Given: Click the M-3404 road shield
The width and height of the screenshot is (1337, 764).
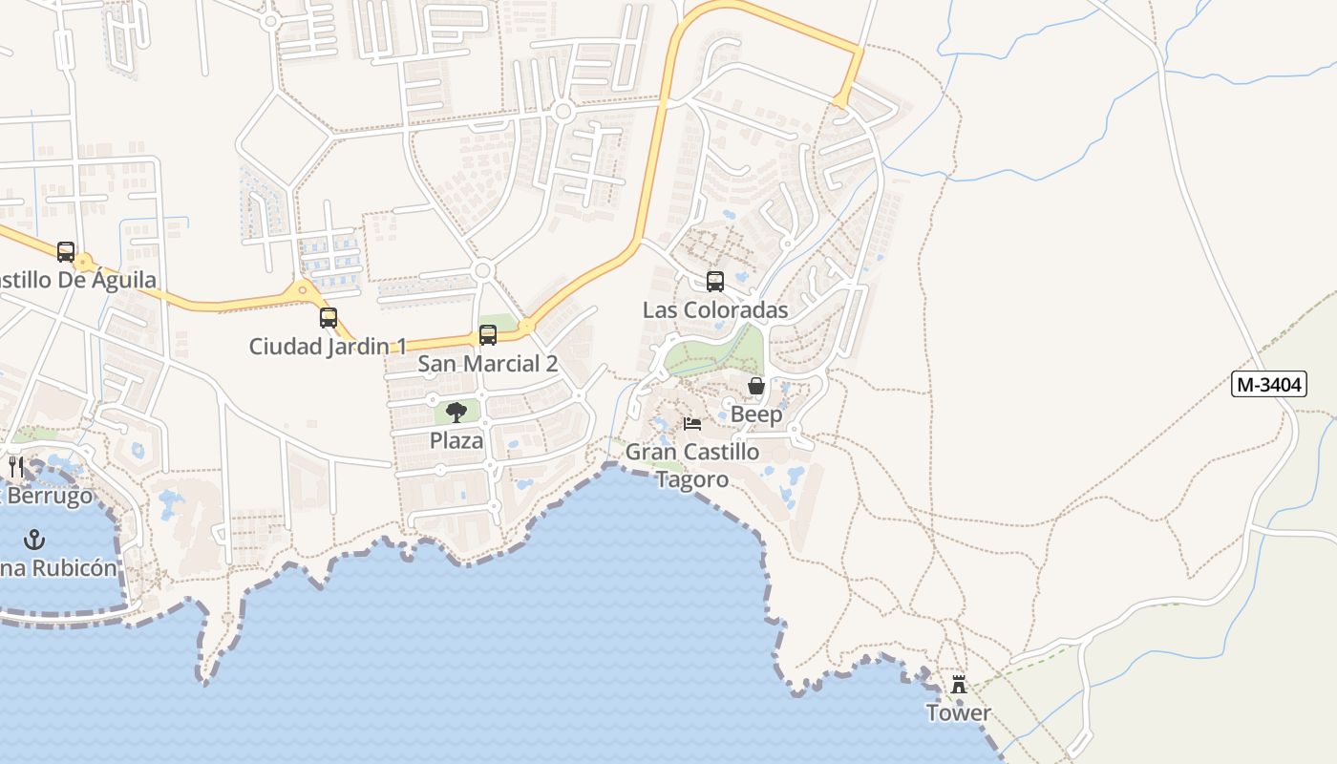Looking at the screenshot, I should [x=1268, y=385].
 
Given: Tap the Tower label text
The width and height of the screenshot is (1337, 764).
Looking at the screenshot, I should [x=958, y=712].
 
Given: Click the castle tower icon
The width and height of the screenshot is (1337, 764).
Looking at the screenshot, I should [x=959, y=685].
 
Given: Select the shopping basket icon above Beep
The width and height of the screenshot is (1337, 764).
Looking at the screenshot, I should [x=756, y=386].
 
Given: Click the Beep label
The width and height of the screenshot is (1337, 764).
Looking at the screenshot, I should [x=756, y=414].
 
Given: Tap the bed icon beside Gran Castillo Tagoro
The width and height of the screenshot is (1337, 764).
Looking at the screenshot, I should [x=692, y=423].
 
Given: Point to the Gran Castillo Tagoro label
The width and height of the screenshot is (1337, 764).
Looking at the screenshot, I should [x=692, y=465].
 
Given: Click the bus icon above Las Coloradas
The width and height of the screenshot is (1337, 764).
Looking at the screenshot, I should [x=715, y=282].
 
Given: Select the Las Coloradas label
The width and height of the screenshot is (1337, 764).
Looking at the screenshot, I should [x=715, y=310].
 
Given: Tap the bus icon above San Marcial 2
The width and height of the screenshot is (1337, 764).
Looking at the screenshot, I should [x=488, y=335].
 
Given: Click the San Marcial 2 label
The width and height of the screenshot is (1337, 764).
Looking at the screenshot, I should [x=488, y=364].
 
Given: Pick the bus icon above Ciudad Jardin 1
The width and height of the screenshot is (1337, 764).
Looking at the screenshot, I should [x=329, y=318].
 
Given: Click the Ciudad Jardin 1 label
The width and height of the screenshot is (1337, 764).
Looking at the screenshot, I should [x=329, y=347].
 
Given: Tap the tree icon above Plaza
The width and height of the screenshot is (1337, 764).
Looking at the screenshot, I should [x=456, y=413].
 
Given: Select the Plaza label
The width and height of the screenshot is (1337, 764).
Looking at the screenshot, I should [x=456, y=441].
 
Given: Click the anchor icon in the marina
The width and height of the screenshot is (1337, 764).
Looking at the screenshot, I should [x=34, y=540].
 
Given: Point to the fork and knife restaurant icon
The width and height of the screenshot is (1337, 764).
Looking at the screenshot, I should [x=15, y=467].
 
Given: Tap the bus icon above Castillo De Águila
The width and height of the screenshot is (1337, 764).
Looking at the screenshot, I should [x=66, y=252].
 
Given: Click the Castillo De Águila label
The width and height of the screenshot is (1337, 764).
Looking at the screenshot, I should [x=76, y=281].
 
